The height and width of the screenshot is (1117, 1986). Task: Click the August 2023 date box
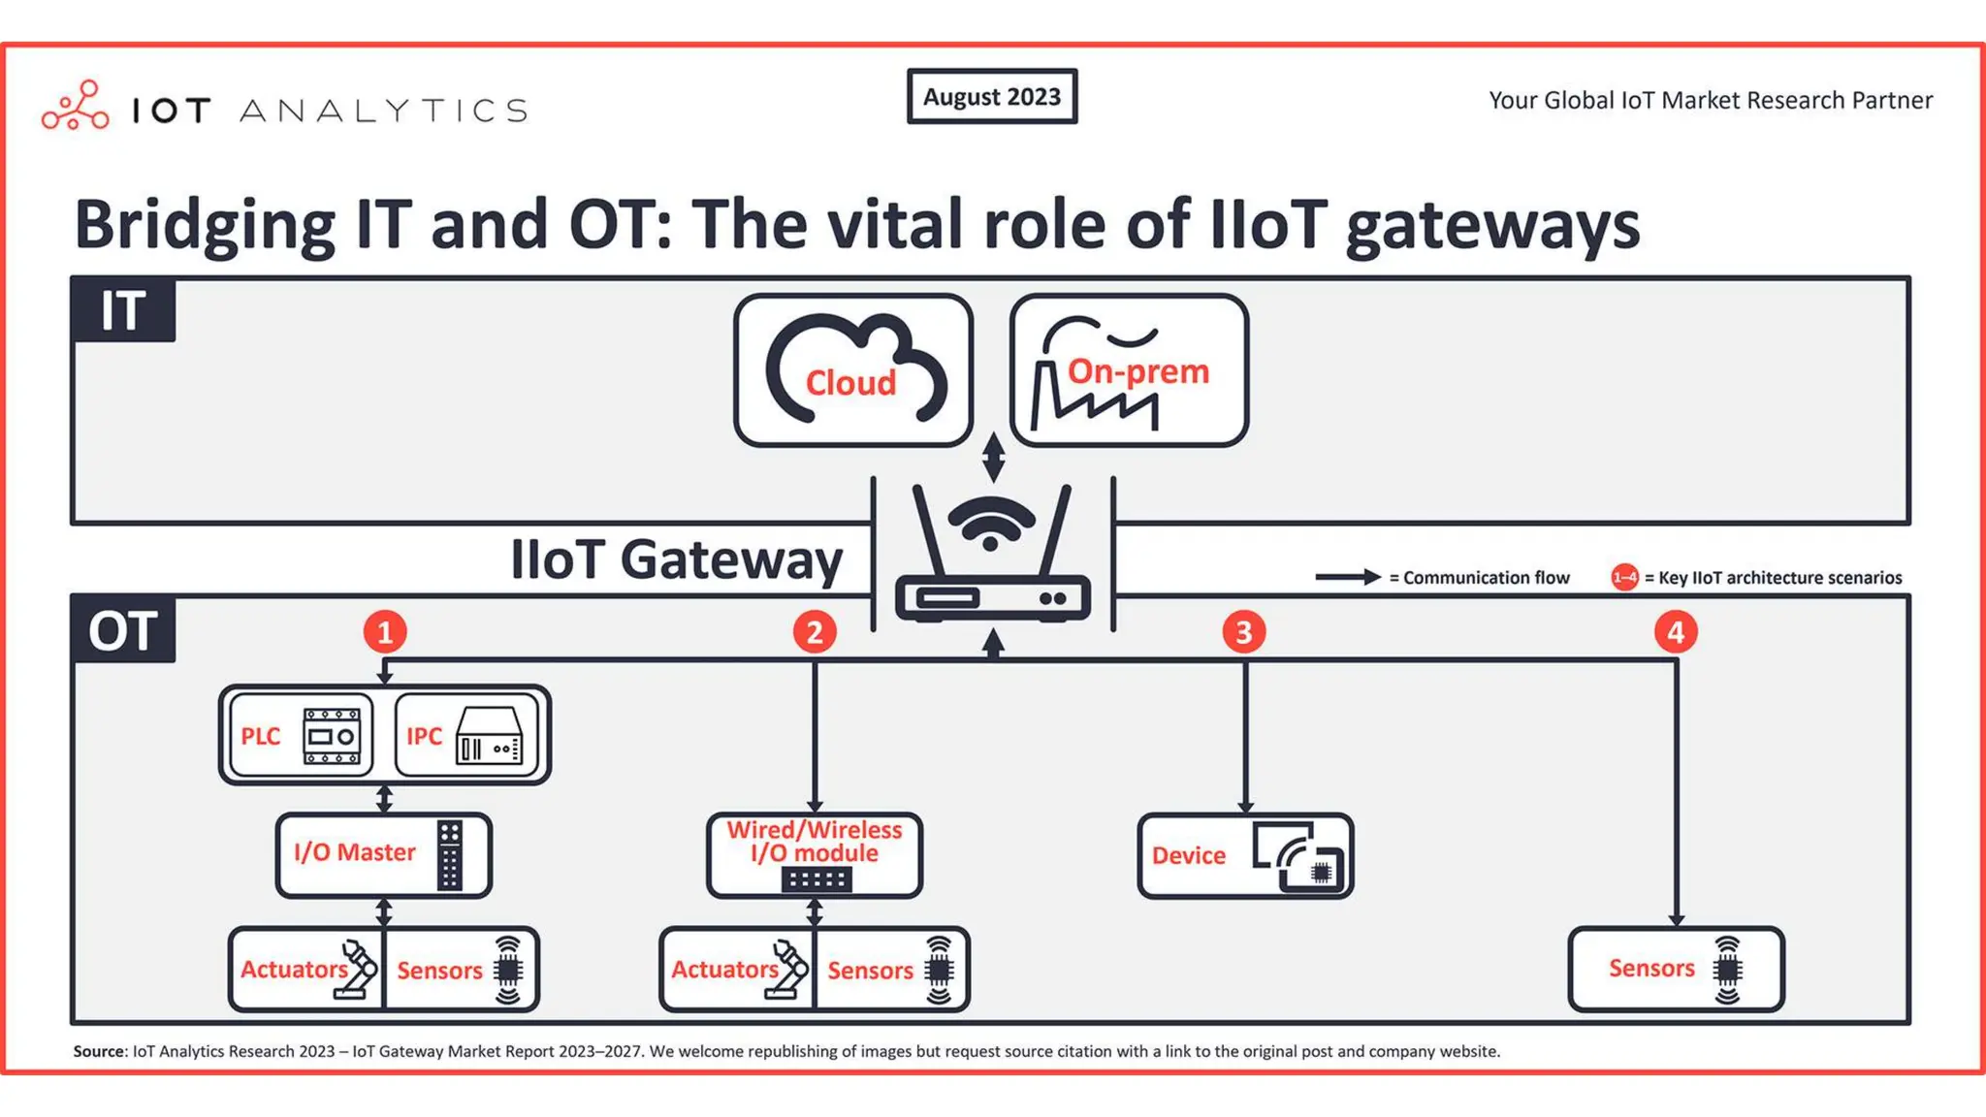(991, 96)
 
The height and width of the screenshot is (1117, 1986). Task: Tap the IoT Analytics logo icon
(76, 106)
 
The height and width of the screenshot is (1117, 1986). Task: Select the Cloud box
(852, 370)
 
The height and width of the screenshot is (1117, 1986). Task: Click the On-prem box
(1129, 370)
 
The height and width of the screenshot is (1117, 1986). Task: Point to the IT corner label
(123, 310)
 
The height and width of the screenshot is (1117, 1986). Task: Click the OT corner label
(123, 630)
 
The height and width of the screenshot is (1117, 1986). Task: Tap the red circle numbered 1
(385, 632)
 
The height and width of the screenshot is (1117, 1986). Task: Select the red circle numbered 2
(815, 632)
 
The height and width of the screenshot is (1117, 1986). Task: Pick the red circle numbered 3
(1244, 632)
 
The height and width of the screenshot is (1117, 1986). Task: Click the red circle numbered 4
(1675, 632)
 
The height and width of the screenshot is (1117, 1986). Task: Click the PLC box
(302, 735)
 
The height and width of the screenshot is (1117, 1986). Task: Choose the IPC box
(466, 735)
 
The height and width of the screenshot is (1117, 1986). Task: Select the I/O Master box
(384, 854)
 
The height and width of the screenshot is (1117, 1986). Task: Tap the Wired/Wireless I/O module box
(815, 854)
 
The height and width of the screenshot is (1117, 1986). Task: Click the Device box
(1245, 855)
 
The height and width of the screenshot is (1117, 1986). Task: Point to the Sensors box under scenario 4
(1676, 969)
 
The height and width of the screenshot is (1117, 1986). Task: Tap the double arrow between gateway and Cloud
(993, 457)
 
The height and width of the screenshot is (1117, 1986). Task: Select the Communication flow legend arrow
(1347, 577)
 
